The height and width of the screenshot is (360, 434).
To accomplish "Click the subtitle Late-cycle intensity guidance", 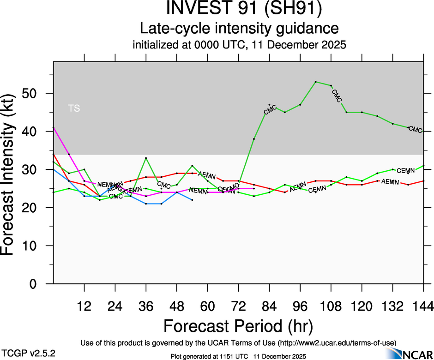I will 239,29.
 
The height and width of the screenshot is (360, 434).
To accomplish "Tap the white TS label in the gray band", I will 74,109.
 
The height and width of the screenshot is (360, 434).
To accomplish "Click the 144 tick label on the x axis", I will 423,306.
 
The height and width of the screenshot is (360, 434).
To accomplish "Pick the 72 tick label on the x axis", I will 238,306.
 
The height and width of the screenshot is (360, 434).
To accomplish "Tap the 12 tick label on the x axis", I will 84,306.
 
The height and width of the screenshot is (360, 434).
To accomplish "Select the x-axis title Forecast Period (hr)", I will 238,326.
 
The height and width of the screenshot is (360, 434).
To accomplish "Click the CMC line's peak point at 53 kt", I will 315,82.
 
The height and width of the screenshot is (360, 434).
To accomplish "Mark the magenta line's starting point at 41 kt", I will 54,127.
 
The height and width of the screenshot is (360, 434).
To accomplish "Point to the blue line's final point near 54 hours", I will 192,200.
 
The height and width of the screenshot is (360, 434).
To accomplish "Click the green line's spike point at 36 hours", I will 146,158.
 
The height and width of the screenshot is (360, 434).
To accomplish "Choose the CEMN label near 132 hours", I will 406,171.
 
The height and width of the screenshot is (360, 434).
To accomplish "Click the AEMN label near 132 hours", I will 390,182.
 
